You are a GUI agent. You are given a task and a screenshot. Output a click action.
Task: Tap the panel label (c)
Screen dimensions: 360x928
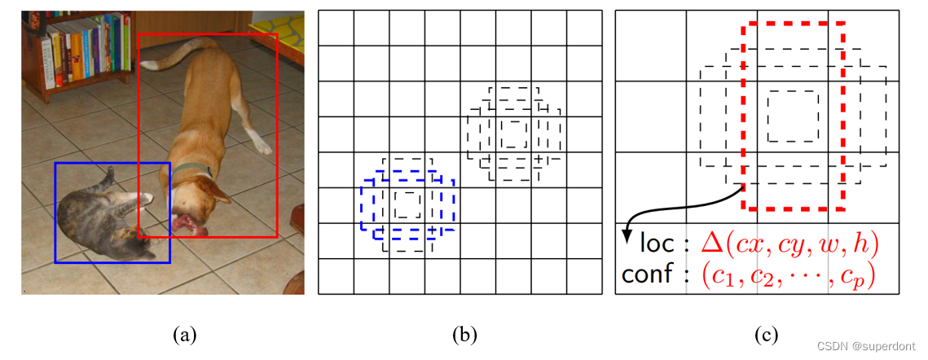pyautogui.click(x=766, y=332)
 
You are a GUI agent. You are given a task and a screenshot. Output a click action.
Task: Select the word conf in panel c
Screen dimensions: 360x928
pyautogui.click(x=648, y=274)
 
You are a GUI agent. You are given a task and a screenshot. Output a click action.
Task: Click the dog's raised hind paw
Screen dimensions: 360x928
pyautogui.click(x=262, y=147)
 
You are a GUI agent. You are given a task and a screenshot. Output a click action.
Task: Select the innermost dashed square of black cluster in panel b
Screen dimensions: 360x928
pyautogui.click(x=513, y=133)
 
